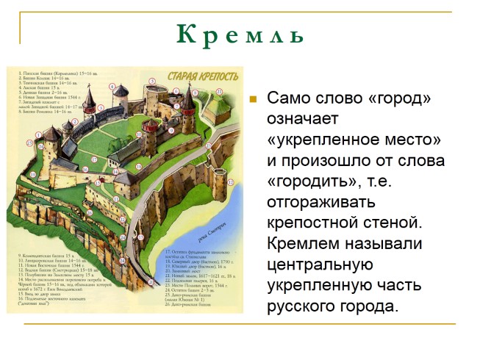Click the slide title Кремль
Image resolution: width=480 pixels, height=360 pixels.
(240, 35)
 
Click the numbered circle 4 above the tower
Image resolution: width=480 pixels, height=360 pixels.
(112, 86)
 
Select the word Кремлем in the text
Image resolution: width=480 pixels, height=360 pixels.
(300, 242)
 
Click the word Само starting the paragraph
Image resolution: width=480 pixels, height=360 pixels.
(287, 98)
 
